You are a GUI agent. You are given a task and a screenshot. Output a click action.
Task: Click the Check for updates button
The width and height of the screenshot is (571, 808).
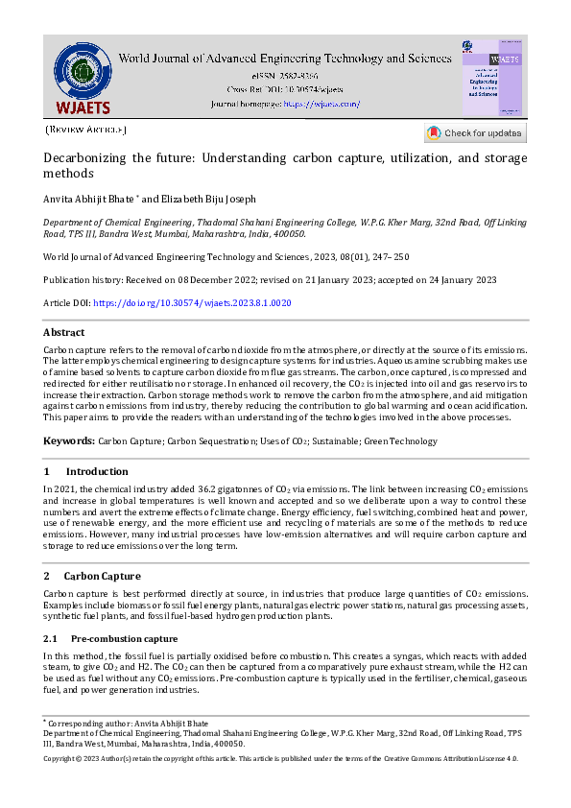coord(475,133)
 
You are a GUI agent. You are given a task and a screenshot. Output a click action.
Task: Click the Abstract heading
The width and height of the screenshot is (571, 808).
coord(64,332)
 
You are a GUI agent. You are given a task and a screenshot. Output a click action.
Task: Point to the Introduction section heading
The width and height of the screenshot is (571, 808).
coord(96,471)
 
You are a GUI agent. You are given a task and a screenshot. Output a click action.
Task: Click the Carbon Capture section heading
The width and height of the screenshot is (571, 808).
coord(102,576)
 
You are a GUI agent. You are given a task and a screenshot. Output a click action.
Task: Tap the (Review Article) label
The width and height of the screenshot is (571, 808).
coord(85,130)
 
